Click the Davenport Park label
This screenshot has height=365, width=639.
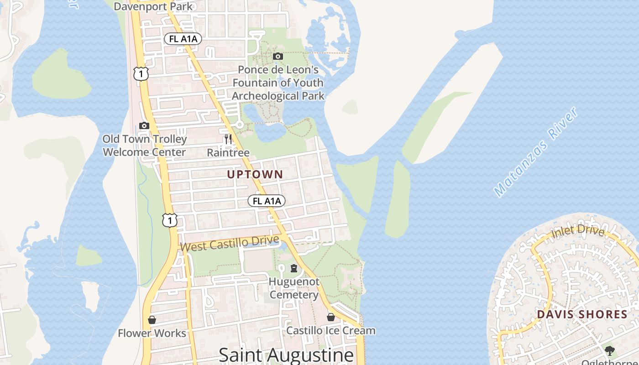coord(153,6)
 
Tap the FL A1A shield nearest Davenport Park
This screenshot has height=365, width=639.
coord(183,39)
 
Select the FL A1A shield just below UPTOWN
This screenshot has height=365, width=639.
coord(267,201)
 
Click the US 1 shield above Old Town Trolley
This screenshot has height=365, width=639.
coord(141,73)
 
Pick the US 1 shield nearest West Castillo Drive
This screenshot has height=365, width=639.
coord(169,220)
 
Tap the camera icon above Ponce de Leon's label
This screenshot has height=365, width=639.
coord(278,57)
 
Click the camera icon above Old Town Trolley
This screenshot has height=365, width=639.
coord(144,126)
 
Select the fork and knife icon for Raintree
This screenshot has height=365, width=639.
coord(228,139)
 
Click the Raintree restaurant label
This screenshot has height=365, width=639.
coord(228,152)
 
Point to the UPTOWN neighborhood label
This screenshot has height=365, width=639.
coord(255,174)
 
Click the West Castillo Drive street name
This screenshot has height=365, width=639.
coord(230,243)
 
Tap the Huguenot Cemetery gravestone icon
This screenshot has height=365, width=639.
coord(294,268)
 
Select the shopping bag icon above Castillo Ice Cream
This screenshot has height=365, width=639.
coord(331,317)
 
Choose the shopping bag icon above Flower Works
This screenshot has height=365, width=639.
coord(152,320)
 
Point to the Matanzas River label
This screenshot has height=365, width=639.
coord(537,152)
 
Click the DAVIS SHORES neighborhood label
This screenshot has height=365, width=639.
coord(582,314)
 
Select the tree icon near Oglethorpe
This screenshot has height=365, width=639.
coord(610,350)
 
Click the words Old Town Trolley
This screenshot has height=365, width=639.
coord(145,139)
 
